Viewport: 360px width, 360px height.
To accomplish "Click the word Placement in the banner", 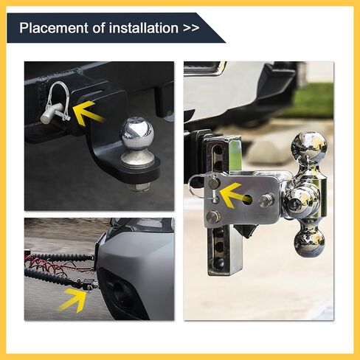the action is click(x=54, y=27).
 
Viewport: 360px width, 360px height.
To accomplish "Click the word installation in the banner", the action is click(x=143, y=27).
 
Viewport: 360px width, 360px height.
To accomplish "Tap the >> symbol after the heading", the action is click(x=191, y=28).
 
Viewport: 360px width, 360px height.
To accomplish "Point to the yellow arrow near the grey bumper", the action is click(x=73, y=300).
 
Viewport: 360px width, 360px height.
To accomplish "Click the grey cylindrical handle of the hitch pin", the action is click(x=52, y=114).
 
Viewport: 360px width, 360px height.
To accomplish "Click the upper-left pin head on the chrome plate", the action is click(x=214, y=184).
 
